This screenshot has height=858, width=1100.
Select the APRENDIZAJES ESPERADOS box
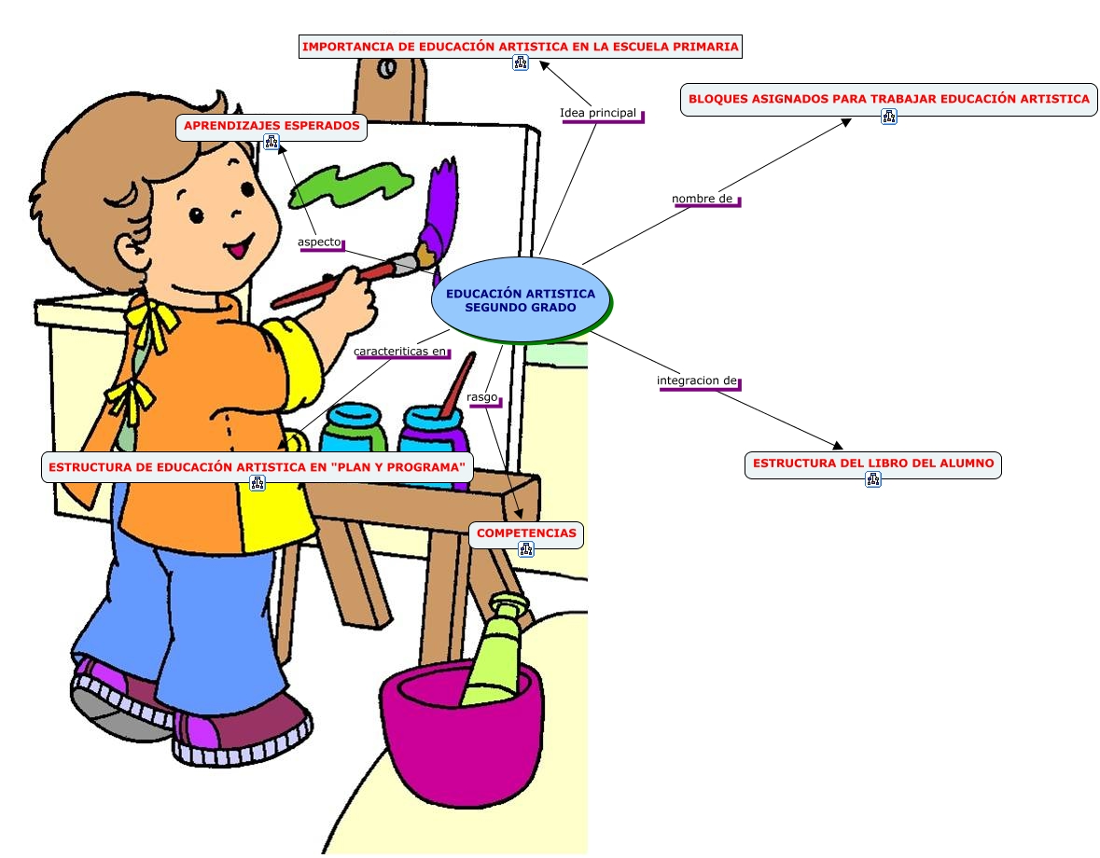pos(272,125)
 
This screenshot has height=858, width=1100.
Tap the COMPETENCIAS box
pos(527,533)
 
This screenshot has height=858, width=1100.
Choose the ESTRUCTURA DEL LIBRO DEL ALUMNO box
pos(872,463)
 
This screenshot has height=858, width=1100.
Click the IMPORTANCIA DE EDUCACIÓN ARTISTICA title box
pos(520,46)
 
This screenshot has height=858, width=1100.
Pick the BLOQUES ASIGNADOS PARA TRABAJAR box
pos(888,98)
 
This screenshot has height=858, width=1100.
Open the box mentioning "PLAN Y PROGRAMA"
pos(257,466)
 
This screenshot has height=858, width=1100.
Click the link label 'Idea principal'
pos(598,114)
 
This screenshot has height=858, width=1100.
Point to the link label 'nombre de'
pos(703,199)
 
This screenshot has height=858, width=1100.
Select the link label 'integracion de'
pos(697,381)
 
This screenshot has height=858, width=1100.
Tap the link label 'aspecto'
pos(320,242)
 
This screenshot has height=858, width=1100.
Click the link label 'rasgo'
pos(482,397)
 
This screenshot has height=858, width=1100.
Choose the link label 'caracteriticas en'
pos(400,352)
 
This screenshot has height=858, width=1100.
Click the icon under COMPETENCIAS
pos(526,550)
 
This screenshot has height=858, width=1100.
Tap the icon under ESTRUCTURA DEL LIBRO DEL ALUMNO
pos(873,479)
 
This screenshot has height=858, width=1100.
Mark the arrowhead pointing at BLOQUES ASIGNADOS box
pos(845,121)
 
